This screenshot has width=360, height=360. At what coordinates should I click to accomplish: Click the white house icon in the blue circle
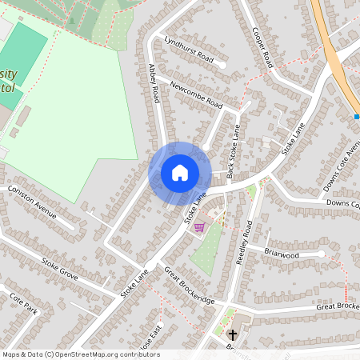coord(180,173)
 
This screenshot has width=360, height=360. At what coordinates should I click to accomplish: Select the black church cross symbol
coord(233,334)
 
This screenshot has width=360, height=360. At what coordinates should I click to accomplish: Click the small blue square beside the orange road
coord(357,117)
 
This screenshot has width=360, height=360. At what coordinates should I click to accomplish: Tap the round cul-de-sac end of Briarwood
coord(322,254)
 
